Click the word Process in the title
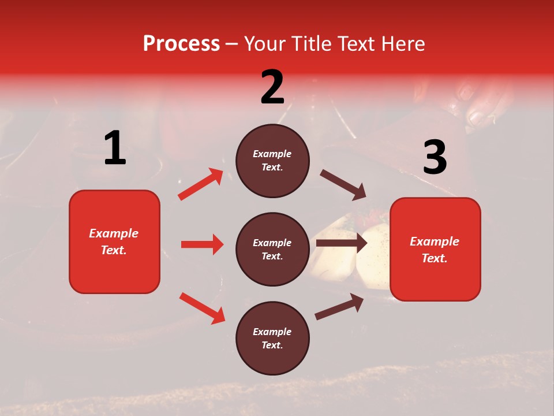coord(181,44)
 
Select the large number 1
coord(115,148)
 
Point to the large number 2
coord(272,87)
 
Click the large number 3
coord(435,158)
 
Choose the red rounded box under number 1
coord(114,242)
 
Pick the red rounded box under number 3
coord(435,249)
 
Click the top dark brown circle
coord(272,161)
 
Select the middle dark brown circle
coord(272,249)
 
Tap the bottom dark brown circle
coord(272,338)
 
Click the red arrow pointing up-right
coord(201,184)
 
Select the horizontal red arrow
coord(202,244)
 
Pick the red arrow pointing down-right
coord(202,308)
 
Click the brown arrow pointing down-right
coord(343,184)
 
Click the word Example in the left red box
coord(114,233)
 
